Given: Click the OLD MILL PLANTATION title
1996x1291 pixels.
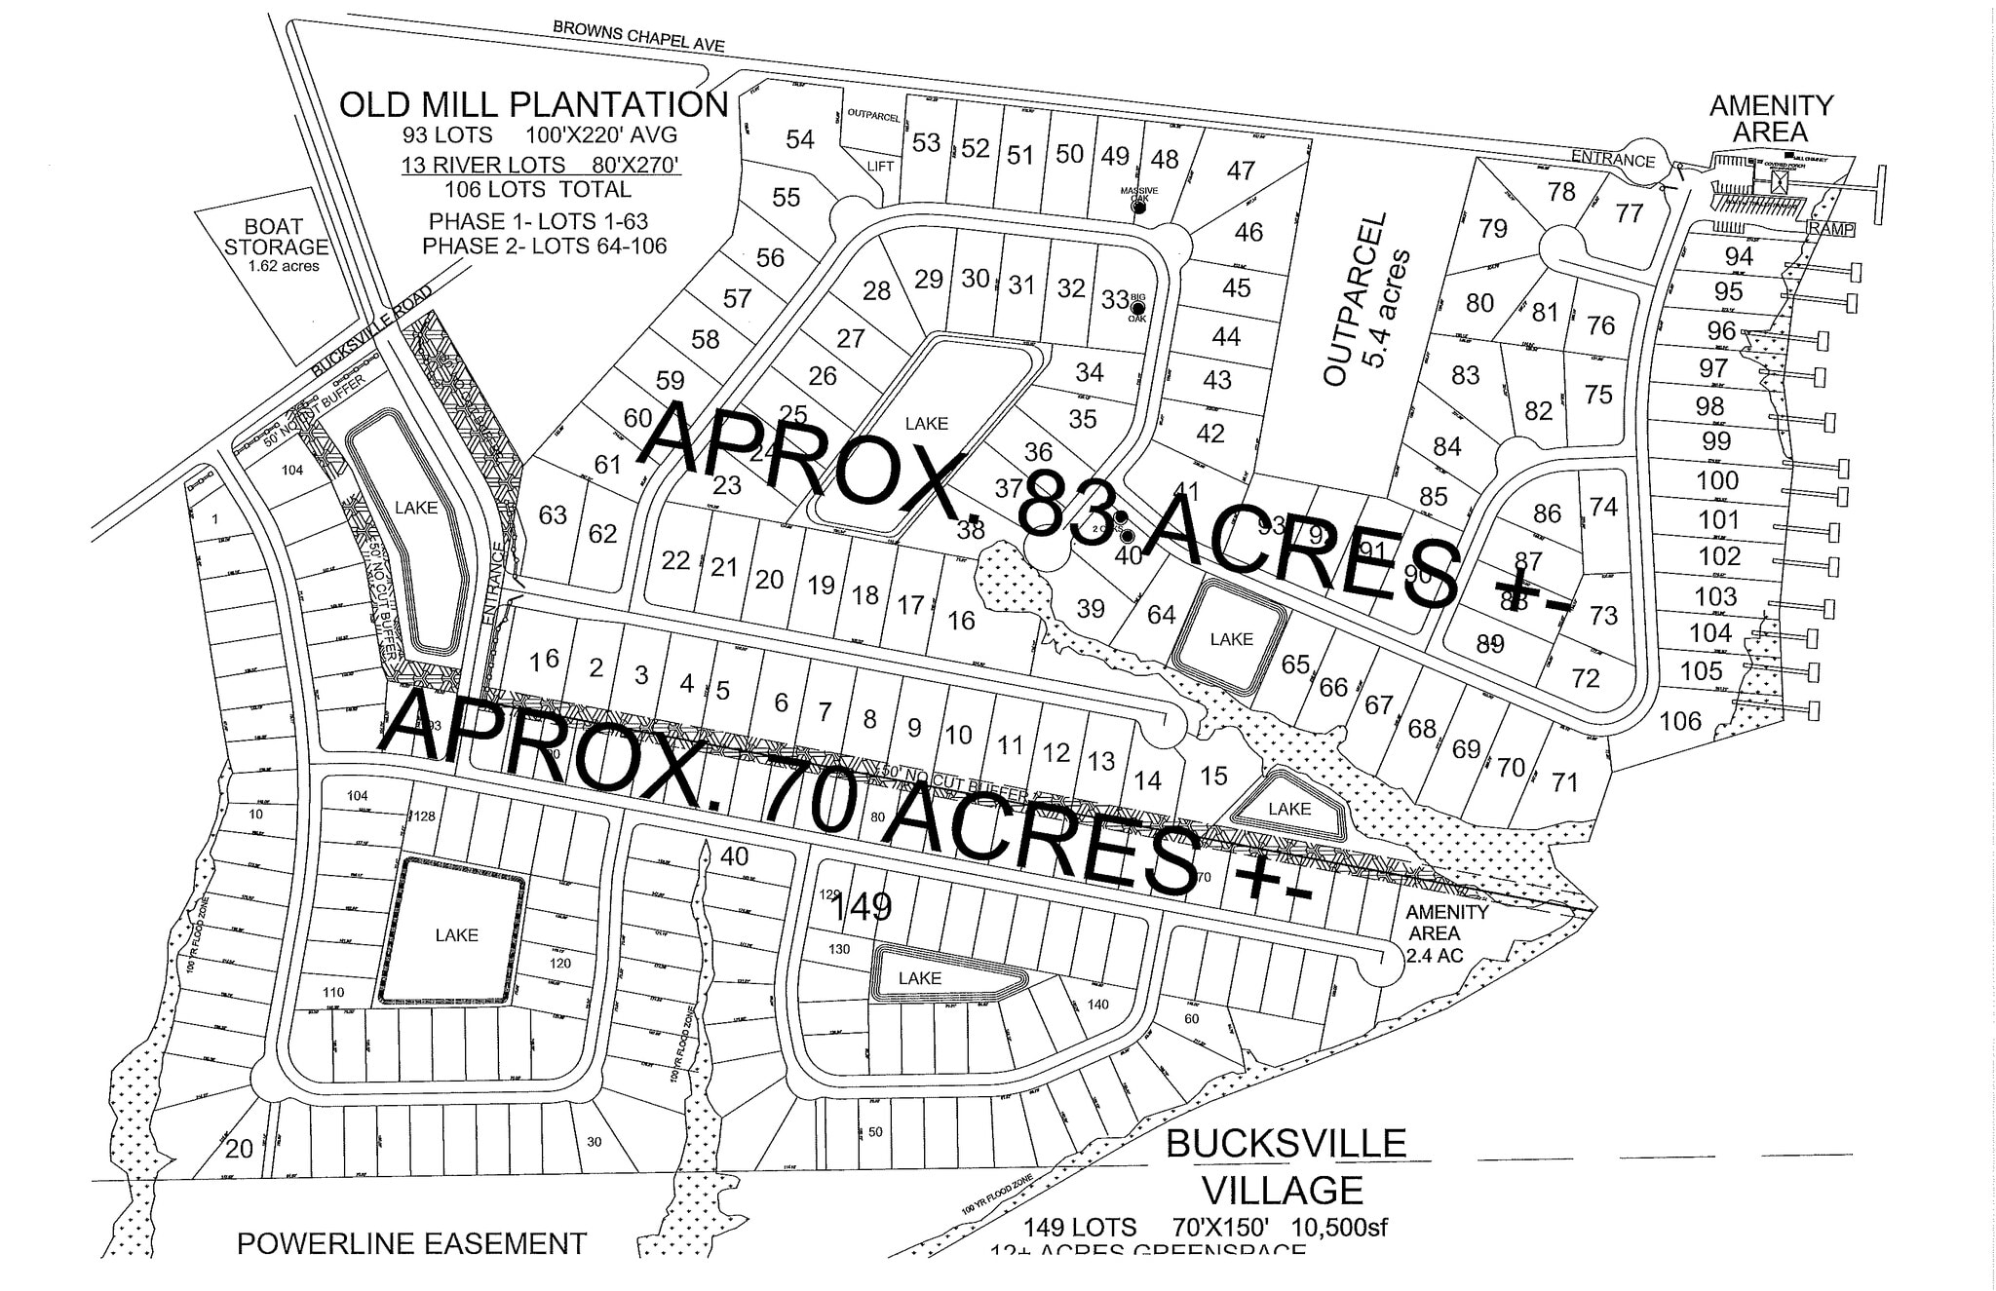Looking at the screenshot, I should coord(533,104).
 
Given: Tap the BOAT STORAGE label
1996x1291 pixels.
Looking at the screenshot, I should coord(276,237).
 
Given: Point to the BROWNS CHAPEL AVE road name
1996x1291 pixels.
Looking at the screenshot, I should coord(638,35).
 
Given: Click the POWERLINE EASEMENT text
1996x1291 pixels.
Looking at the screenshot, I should coord(411,1244).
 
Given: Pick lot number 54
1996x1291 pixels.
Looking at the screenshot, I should coord(800,139).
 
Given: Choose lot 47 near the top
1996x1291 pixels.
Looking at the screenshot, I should coord(1241,171).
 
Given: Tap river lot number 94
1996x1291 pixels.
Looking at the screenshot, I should coord(1738,256).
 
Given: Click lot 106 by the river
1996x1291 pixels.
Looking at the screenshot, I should coord(1680,721).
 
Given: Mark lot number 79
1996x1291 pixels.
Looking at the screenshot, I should coord(1492,228).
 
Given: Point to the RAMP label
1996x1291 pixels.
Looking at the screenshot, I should coord(1830,230).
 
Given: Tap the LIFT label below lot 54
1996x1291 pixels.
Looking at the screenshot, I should coord(880,167).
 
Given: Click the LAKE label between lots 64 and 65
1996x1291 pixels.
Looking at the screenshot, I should coord(1231,639).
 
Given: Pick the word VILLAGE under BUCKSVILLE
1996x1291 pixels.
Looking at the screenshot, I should coord(1282,1190).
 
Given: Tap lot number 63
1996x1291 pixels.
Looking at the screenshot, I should coord(553,513).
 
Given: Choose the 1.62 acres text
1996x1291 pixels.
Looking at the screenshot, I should coord(284,266).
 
